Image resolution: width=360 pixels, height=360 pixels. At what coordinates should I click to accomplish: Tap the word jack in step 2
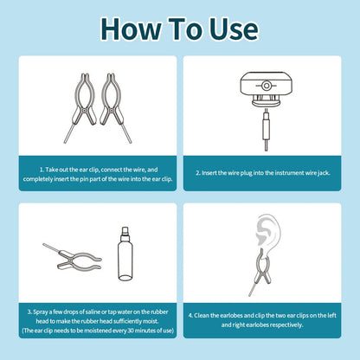click(328, 173)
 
